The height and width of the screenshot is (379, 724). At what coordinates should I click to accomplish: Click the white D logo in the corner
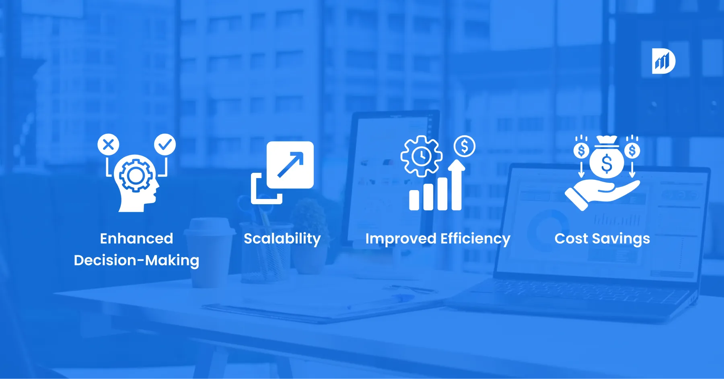[663, 61]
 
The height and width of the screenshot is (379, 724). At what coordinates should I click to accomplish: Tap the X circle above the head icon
[108, 145]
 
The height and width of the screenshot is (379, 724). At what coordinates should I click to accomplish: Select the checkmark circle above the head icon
[165, 145]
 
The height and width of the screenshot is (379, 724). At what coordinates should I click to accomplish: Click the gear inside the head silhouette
[136, 176]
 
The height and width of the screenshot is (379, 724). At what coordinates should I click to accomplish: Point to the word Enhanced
[136, 238]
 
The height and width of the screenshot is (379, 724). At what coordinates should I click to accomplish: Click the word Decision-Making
[136, 261]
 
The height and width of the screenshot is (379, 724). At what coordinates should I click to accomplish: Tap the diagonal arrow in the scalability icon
[290, 164]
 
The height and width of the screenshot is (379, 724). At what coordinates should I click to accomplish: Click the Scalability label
[282, 239]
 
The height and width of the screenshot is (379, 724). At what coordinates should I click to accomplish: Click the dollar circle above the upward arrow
[465, 146]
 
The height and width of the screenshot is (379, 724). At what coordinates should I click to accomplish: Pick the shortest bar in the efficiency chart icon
[414, 200]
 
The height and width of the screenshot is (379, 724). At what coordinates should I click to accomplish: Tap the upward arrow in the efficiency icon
[457, 184]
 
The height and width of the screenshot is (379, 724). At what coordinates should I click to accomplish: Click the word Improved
[401, 239]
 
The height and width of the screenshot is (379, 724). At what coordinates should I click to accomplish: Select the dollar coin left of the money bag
[581, 151]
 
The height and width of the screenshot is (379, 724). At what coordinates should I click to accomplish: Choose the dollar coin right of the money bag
[632, 151]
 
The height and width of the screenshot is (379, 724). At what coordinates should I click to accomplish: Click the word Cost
[571, 239]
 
